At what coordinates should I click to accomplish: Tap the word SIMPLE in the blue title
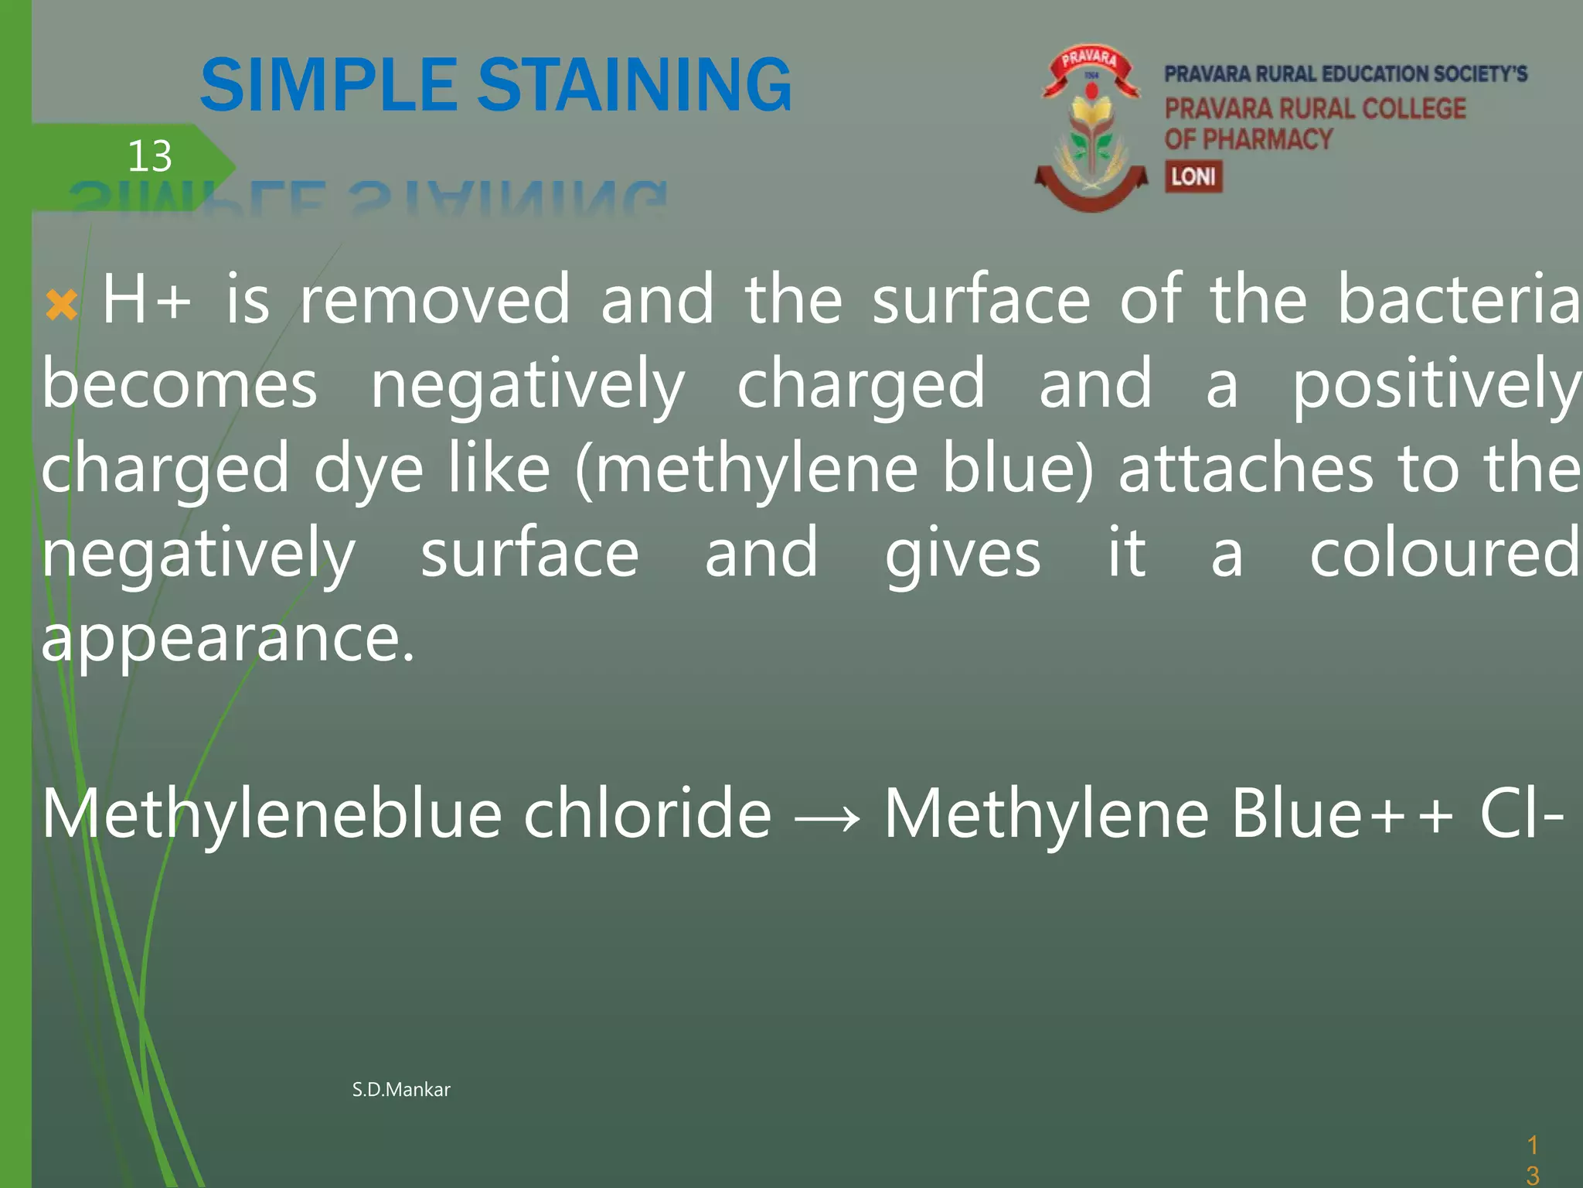pyautogui.click(x=329, y=85)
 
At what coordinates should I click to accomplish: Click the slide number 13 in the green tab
pyautogui.click(x=149, y=156)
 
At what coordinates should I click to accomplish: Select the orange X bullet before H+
pyautogui.click(x=62, y=305)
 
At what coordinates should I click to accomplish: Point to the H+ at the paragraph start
pyautogui.click(x=146, y=300)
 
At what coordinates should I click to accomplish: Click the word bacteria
pyautogui.click(x=1459, y=300)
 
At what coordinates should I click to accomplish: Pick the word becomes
pyautogui.click(x=179, y=384)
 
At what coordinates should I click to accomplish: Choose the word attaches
pyautogui.click(x=1246, y=469)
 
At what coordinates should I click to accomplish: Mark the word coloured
pyautogui.click(x=1445, y=554)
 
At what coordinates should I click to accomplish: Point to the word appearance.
pyautogui.click(x=228, y=640)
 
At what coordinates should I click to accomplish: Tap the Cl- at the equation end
pyautogui.click(x=1522, y=814)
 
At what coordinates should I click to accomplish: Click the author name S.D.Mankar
pyautogui.click(x=401, y=1090)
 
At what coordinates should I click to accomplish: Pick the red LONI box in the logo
pyautogui.click(x=1193, y=177)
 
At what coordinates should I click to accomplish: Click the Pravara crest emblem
pyautogui.click(x=1091, y=128)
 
